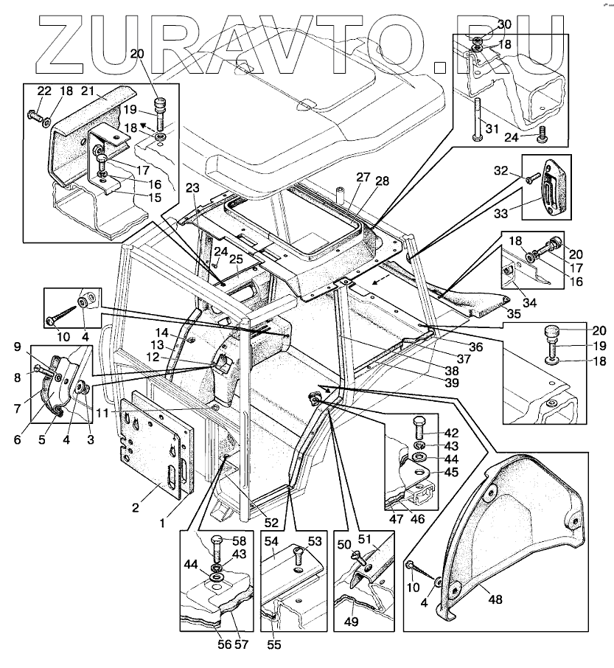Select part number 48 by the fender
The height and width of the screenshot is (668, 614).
495,599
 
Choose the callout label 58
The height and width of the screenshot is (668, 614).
241,540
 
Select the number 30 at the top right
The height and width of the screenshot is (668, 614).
503,24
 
